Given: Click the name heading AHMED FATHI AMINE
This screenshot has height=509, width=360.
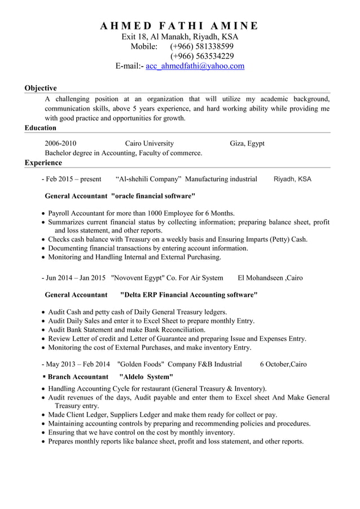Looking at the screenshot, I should pos(179,25).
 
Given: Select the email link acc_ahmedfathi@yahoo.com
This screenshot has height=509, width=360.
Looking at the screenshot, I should pos(195,66).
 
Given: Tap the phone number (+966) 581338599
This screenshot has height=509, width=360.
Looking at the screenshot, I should pos(202,46).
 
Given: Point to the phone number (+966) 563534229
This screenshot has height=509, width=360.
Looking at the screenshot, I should pos(202,56).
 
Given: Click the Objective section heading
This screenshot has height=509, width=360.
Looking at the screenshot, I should pos(41,88).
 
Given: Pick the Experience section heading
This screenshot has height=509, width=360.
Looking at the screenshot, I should pos(43,163).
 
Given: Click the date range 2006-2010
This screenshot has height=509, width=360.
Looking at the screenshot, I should pos(60,143).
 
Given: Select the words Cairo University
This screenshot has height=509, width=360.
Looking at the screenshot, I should pos(150,143).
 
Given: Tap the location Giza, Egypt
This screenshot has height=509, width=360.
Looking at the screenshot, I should pos(247,143).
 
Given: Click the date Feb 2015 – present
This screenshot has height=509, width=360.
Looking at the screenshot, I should pos(73,179).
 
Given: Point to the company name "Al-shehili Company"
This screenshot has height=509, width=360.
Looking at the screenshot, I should pos(148,179).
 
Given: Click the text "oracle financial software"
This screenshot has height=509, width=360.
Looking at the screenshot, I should pos(153,196).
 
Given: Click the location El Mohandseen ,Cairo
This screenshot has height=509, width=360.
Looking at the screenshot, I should pos(270,278).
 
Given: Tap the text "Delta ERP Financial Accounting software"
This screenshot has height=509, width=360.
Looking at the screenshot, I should pos(189,295).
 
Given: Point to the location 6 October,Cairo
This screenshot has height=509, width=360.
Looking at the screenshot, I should pos(283,364).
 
